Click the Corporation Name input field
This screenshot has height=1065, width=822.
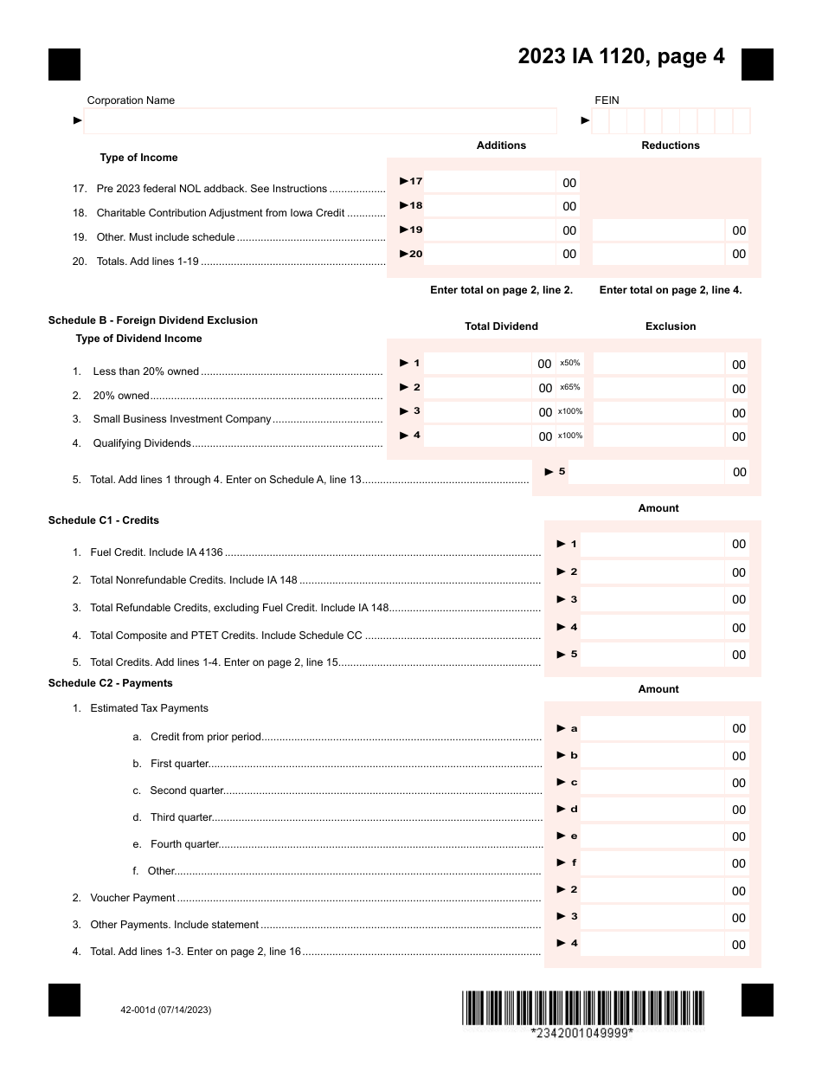pyautogui.click(x=320, y=120)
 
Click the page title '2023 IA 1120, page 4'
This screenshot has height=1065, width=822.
pyautogui.click(x=621, y=56)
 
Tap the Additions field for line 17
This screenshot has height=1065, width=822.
pyautogui.click(x=490, y=182)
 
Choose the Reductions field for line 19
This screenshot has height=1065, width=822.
pyautogui.click(x=658, y=230)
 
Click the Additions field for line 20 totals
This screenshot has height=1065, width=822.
pyautogui.click(x=490, y=254)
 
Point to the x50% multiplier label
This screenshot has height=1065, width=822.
pyautogui.click(x=570, y=363)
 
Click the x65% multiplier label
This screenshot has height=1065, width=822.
pyautogui.click(x=570, y=387)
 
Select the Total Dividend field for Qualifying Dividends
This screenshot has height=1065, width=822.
pyautogui.click(x=479, y=436)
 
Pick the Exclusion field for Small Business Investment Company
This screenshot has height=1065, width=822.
pyautogui.click(x=658, y=412)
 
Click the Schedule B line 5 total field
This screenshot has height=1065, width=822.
pyautogui.click(x=647, y=472)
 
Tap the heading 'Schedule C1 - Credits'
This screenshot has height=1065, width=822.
pyautogui.click(x=104, y=520)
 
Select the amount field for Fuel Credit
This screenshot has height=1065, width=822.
pyautogui.click(x=652, y=544)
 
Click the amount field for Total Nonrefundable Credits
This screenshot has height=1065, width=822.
pyautogui.click(x=652, y=571)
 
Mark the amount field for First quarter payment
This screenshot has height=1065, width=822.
pyautogui.click(x=652, y=755)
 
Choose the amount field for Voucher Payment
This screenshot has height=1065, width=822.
pyautogui.click(x=652, y=890)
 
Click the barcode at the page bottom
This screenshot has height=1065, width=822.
pyautogui.click(x=582, y=1008)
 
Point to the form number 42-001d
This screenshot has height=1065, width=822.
pyautogui.click(x=166, y=1010)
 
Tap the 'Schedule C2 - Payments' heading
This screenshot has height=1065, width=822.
pyautogui.click(x=111, y=683)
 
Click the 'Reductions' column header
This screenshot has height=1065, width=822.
pyautogui.click(x=671, y=145)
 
